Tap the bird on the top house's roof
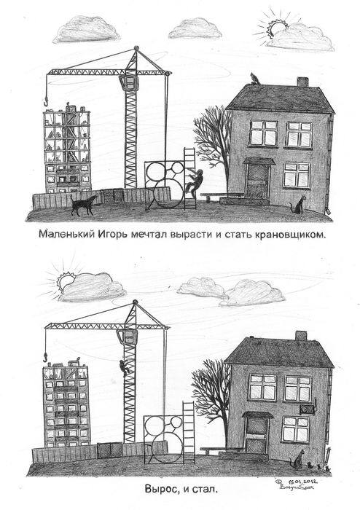click(x=252, y=78)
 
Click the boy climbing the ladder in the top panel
click(x=195, y=182)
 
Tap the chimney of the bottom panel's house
click(x=300, y=336)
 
